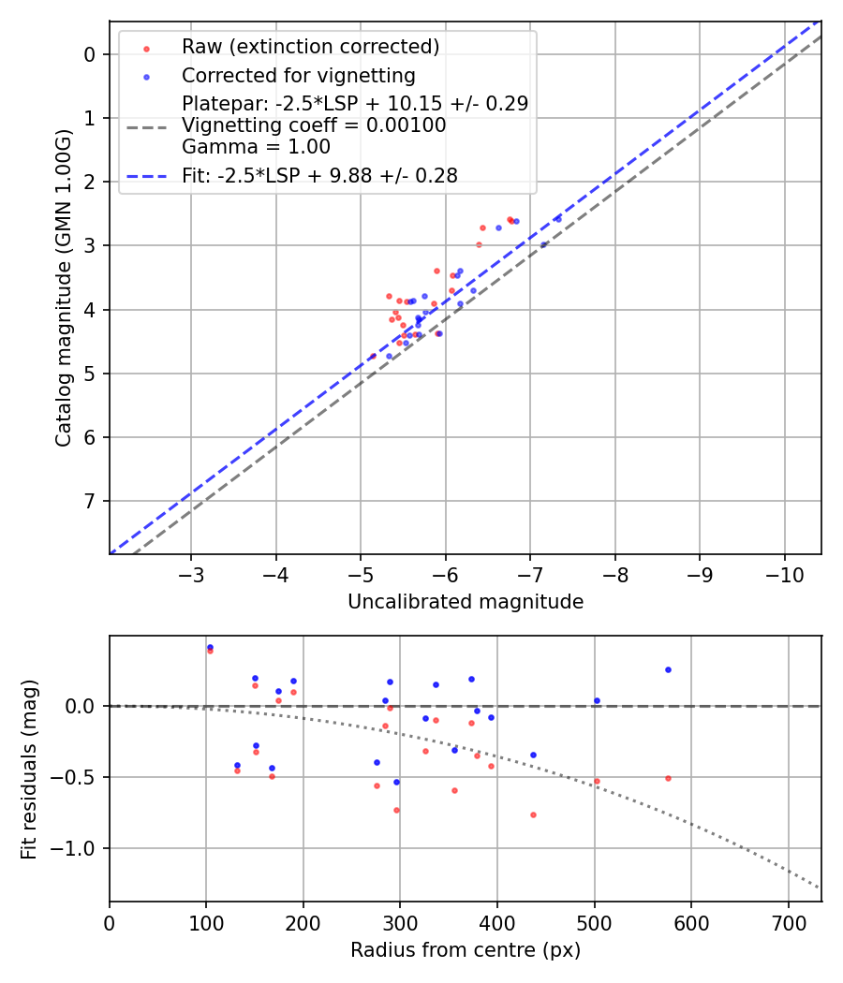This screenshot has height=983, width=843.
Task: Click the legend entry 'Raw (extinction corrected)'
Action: [x=310, y=47]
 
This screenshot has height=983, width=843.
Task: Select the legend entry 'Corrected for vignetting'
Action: [x=299, y=75]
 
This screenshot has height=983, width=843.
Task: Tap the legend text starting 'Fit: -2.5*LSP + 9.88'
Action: [x=320, y=175]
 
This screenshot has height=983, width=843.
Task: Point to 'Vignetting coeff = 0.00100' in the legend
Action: [x=314, y=125]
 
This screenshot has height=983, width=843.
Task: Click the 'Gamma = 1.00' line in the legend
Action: [x=256, y=147]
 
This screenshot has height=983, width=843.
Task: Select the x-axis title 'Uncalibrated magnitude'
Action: [x=466, y=602]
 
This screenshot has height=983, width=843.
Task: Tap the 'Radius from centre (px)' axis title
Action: [x=466, y=950]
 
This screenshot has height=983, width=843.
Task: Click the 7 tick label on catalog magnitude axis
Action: [x=90, y=501]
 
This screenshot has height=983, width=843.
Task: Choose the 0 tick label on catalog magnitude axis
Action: [x=90, y=54]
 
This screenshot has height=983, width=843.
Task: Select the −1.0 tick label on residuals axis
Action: [x=80, y=849]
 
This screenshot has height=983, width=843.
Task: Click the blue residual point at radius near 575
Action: [x=668, y=669]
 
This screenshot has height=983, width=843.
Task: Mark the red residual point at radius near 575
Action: [x=668, y=778]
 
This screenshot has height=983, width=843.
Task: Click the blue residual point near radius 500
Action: [x=597, y=700]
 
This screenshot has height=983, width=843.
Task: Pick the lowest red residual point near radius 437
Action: [x=533, y=814]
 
